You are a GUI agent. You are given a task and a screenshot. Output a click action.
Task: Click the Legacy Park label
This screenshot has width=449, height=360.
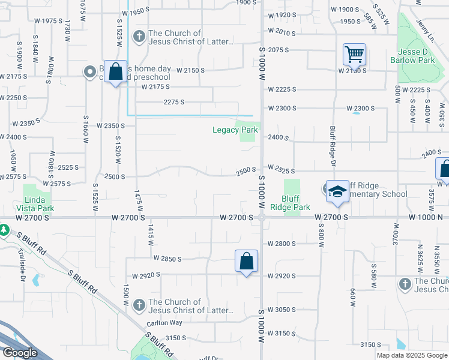(x=235, y=130)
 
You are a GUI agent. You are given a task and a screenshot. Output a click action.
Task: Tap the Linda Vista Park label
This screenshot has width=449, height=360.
(x=39, y=204)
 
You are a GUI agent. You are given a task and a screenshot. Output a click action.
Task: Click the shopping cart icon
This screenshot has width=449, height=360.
(x=354, y=55)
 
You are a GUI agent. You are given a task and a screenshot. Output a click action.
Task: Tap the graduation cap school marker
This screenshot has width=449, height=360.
(x=337, y=192)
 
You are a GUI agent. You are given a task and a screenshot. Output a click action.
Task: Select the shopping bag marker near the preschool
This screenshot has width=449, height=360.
(x=115, y=72)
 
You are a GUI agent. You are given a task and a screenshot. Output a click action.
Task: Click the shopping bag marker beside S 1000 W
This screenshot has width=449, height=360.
(x=246, y=262)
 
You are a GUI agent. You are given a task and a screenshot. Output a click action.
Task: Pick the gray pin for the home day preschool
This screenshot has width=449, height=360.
(x=91, y=72)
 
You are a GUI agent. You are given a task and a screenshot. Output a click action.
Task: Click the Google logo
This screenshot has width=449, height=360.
(x=20, y=353)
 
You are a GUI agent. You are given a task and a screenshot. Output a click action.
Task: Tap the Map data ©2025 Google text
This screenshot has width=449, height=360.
(x=412, y=355)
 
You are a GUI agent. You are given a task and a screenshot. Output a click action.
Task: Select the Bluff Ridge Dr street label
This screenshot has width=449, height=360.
(x=332, y=146)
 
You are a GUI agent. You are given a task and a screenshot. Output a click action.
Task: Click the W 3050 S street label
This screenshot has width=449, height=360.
(x=282, y=310)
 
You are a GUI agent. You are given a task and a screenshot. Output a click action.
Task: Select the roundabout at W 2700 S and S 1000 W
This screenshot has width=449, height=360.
(x=262, y=218)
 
